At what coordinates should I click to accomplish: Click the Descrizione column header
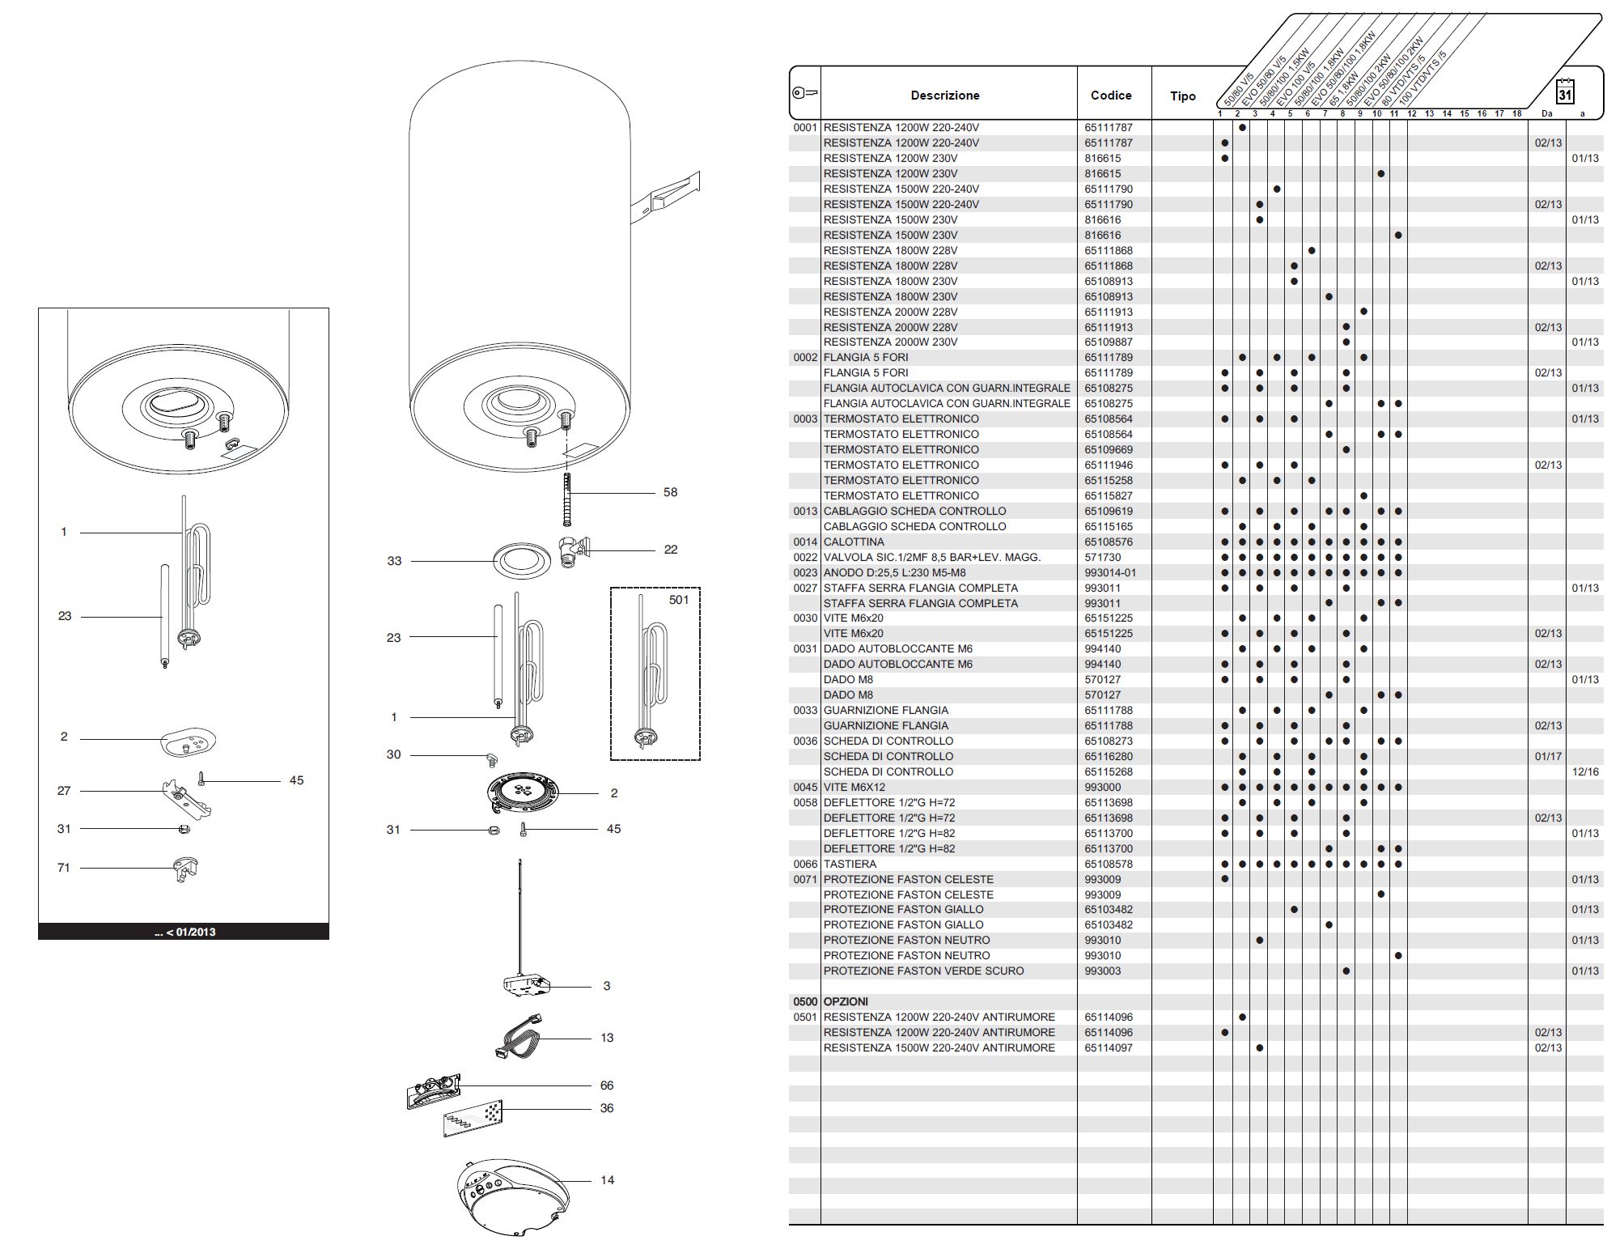click(944, 96)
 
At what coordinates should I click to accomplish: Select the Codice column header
click(1110, 96)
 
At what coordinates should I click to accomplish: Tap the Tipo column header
click(1182, 96)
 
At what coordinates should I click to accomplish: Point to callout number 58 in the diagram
click(670, 492)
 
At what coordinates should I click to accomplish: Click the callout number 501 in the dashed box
click(679, 600)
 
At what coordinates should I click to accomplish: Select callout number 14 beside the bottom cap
click(607, 1180)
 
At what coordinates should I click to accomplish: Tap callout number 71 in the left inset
click(64, 868)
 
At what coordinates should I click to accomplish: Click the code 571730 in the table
click(1103, 557)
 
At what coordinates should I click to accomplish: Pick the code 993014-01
click(1110, 572)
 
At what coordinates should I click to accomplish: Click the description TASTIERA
click(850, 864)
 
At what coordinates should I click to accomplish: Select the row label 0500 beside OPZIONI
click(805, 1001)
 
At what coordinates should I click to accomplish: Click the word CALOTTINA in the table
click(854, 542)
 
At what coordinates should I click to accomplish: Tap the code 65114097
click(1109, 1047)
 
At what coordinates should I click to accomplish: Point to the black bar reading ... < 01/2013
click(184, 932)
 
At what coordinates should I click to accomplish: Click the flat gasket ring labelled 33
click(522, 561)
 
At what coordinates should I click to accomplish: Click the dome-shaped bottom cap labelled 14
click(509, 1197)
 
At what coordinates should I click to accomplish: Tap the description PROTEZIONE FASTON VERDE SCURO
click(923, 971)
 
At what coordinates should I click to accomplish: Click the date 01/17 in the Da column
click(1548, 756)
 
